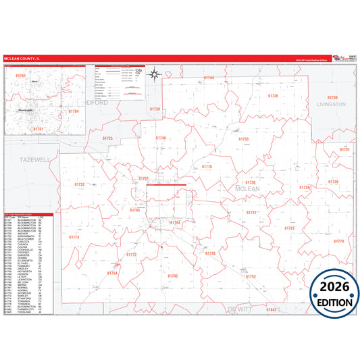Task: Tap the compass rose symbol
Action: [154, 74]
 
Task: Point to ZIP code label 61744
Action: [209, 78]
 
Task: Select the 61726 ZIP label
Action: [272, 96]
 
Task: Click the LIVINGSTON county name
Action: [331, 104]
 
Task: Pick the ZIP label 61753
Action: [243, 139]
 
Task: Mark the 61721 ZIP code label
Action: [344, 149]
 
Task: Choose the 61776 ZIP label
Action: [207, 166]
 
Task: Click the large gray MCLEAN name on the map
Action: [247, 190]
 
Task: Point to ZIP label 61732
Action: [80, 184]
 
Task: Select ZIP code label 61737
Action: [251, 212]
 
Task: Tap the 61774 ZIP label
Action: [74, 237]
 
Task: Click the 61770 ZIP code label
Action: [338, 240]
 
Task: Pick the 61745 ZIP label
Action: [173, 276]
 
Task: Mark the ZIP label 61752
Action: [251, 276]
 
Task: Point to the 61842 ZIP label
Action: [272, 309]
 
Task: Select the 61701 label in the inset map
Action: [38, 128]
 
